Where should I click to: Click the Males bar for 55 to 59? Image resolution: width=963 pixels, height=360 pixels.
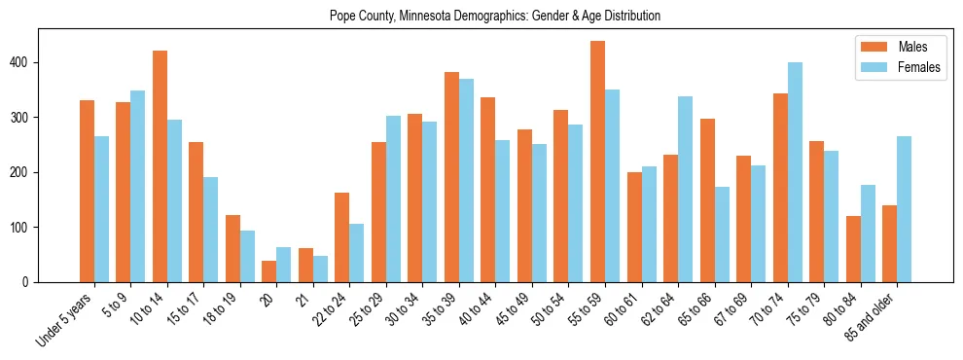(597, 162)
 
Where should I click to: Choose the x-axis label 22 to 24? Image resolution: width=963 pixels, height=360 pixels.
(332, 309)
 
